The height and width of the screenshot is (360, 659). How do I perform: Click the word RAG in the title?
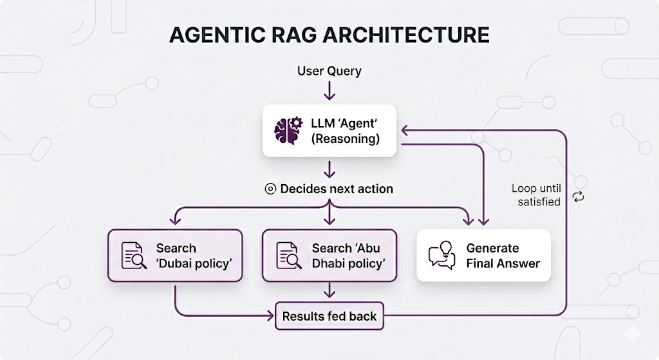click(x=298, y=35)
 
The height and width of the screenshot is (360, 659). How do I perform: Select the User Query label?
click(x=329, y=71)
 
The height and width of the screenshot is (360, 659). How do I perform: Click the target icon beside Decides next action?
click(x=270, y=189)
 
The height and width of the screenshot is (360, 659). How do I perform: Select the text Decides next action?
click(x=337, y=189)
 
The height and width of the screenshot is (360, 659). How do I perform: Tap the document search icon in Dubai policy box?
click(x=134, y=256)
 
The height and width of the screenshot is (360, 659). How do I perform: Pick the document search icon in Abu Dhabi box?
click(x=289, y=256)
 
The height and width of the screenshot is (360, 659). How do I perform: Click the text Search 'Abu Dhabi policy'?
click(x=348, y=256)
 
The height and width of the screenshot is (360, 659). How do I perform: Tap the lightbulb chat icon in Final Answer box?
click(x=442, y=256)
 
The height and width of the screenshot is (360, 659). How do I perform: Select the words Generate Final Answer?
click(x=503, y=256)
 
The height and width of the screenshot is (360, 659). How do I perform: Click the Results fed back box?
click(x=329, y=316)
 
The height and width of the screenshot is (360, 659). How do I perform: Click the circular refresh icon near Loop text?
click(x=578, y=196)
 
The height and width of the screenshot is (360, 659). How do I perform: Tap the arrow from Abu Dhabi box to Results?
click(x=329, y=290)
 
